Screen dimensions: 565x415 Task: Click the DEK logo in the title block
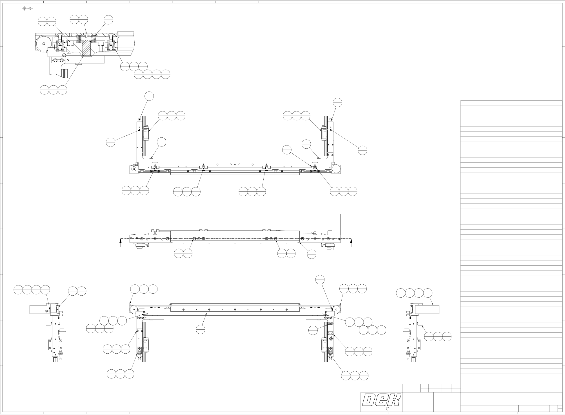point(382,400)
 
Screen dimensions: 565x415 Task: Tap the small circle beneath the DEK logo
point(387,409)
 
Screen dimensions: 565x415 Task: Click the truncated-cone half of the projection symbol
point(30,8)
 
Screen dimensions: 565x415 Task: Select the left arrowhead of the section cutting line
point(121,240)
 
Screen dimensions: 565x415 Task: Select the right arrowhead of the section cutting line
point(351,240)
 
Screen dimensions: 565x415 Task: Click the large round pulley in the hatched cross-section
point(43,43)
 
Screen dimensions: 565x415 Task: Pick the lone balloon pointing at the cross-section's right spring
point(108,19)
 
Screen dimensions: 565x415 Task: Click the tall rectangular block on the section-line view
point(336,224)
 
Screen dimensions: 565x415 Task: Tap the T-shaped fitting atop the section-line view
point(154,231)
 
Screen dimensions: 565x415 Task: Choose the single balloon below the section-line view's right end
point(312,254)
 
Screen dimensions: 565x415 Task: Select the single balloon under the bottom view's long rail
point(201,329)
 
